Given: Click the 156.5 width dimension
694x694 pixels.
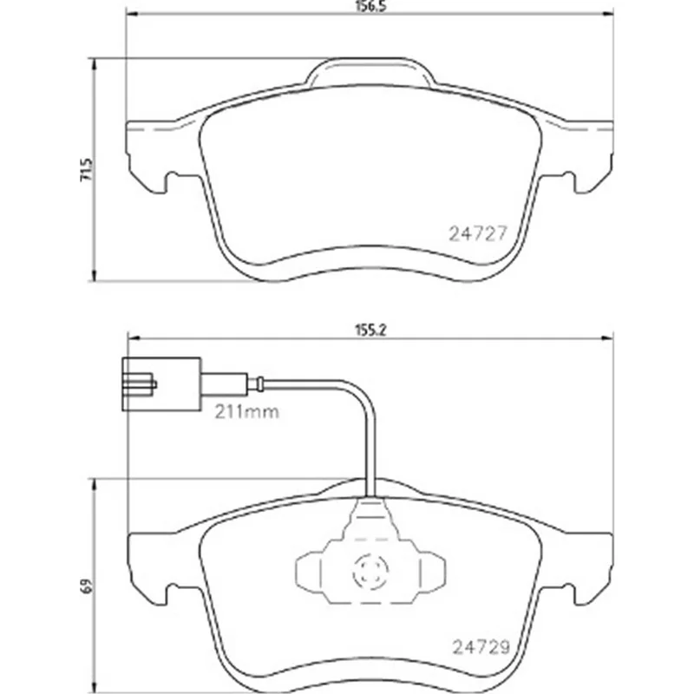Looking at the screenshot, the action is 370,7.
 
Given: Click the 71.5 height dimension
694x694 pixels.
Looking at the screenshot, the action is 87,169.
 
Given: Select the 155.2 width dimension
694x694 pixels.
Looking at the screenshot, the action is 370,330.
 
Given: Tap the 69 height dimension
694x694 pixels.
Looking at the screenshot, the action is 87,586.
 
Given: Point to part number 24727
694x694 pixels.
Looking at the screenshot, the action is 477,233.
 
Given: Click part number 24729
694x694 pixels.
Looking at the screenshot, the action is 481,647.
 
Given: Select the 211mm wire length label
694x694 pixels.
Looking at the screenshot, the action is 247,413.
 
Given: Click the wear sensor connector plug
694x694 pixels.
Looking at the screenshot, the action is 162,384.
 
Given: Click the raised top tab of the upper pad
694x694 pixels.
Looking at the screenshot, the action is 370,71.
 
